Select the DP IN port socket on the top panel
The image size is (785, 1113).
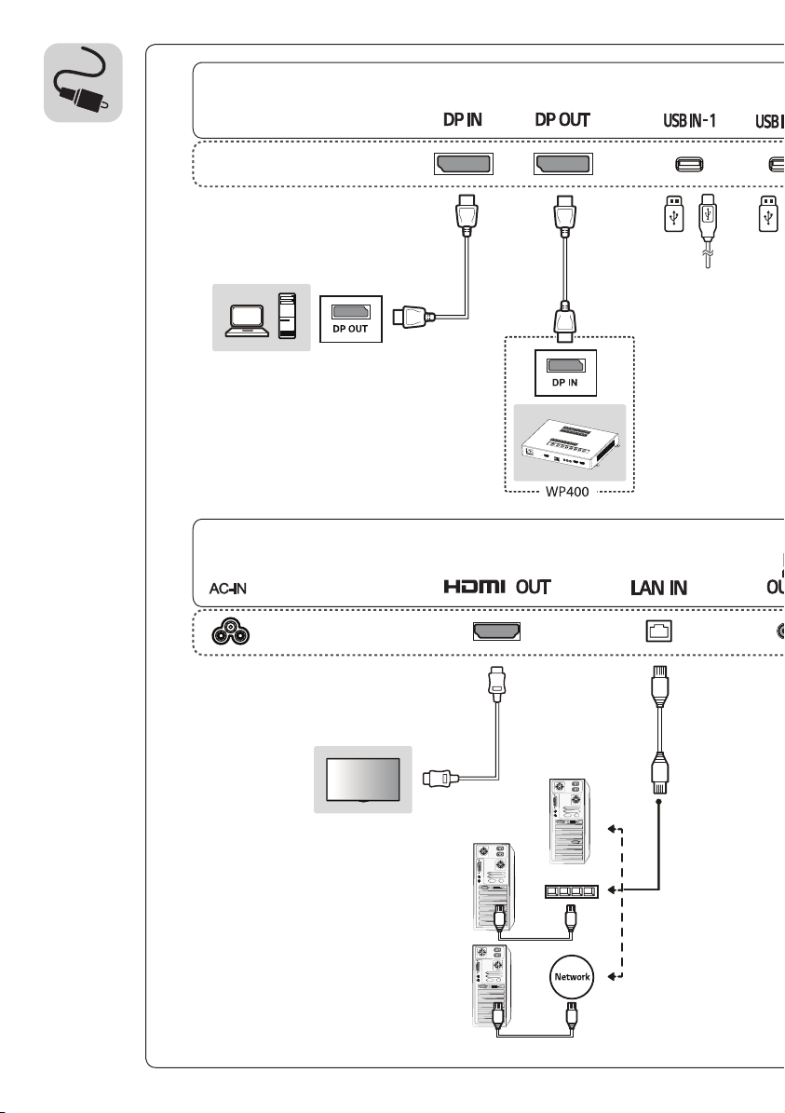464,165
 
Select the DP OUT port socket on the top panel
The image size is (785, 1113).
562,165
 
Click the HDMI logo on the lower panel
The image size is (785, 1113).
474,588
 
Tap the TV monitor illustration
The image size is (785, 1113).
363,779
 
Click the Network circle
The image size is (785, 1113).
573,976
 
